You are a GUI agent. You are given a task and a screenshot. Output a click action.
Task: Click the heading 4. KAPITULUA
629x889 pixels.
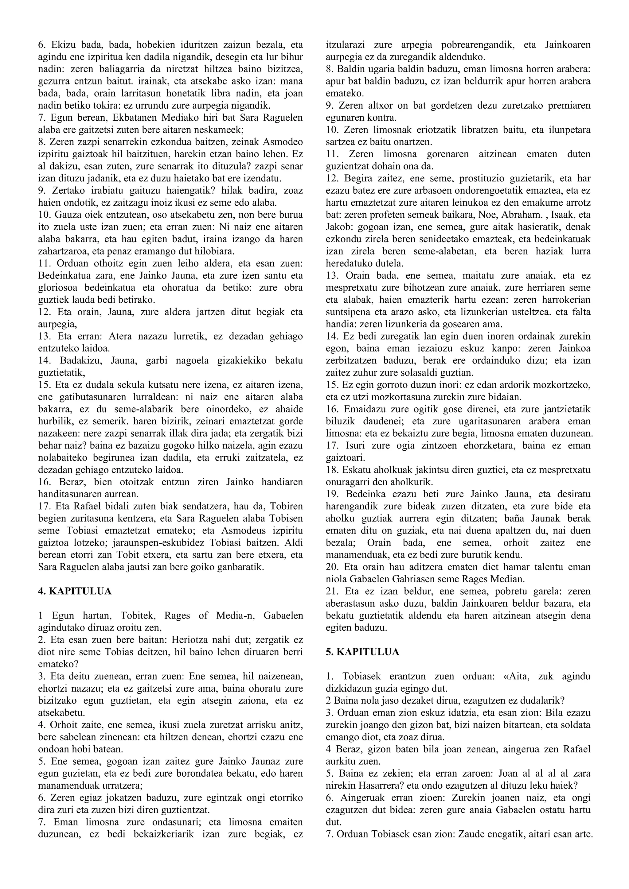tap(75, 592)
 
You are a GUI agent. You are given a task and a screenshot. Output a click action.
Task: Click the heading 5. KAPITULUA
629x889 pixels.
tap(362, 652)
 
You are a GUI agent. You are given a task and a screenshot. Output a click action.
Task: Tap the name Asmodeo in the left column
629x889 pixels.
tap(284, 142)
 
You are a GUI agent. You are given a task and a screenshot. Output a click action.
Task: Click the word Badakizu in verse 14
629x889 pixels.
tap(76, 360)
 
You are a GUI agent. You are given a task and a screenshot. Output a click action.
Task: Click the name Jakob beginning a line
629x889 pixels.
tap(336, 227)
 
